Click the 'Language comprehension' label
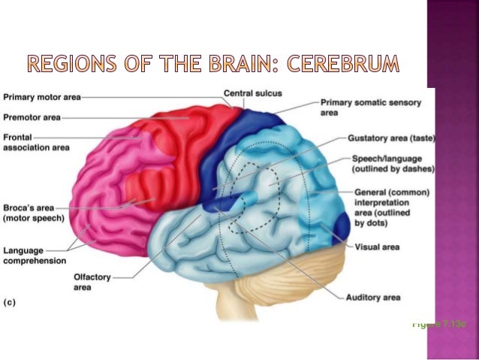(34, 255)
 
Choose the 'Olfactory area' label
(91, 281)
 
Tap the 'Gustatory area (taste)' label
(392, 138)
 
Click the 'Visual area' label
(377, 247)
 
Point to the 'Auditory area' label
(372, 298)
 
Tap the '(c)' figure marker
(11, 302)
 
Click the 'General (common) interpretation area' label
(391, 207)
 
